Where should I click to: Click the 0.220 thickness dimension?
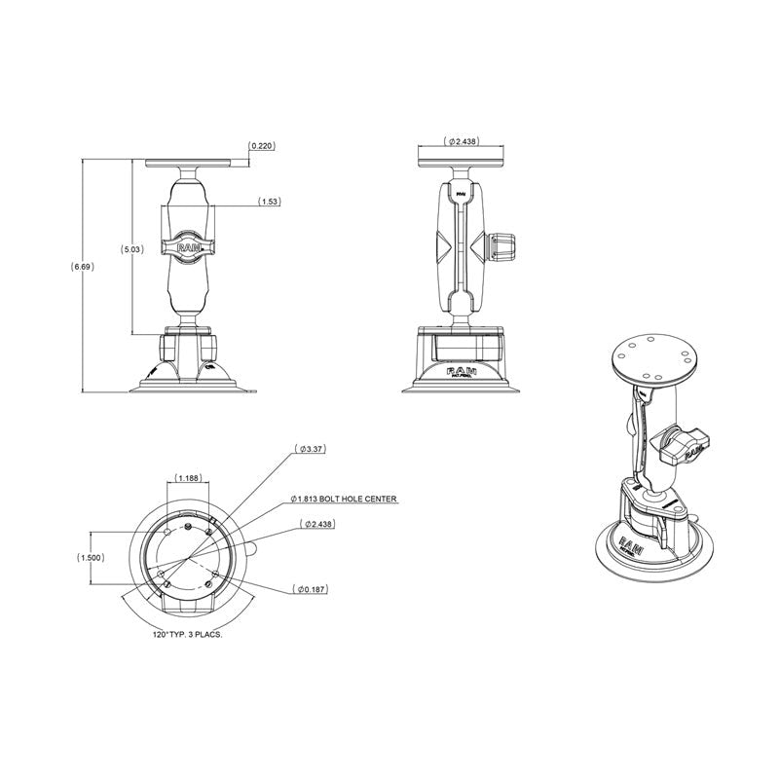262,146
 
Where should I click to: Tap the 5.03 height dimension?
131,249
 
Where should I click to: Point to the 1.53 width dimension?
270,202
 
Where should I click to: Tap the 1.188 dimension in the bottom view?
190,477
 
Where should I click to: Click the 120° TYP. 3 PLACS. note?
188,634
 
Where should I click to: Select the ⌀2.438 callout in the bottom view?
316,524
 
